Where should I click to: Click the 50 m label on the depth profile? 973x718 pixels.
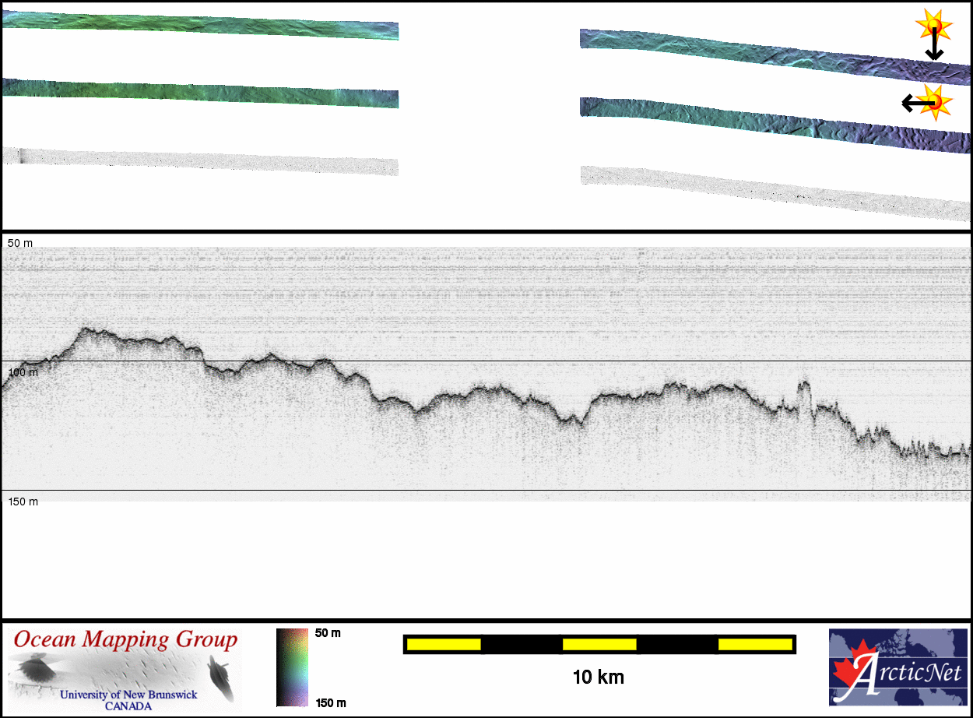pyautogui.click(x=20, y=243)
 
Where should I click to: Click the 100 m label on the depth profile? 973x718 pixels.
pyautogui.click(x=23, y=372)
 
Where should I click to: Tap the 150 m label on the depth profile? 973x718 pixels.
pyautogui.click(x=23, y=502)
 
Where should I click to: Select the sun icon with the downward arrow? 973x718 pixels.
pyautogui.click(x=933, y=25)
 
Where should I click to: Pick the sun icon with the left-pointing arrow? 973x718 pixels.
pyautogui.click(x=935, y=103)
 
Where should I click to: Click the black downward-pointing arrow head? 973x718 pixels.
pyautogui.click(x=934, y=55)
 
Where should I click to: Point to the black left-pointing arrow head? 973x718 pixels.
pyautogui.click(x=908, y=104)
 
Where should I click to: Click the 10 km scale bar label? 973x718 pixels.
pyautogui.click(x=598, y=678)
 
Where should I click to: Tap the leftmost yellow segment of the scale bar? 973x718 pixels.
pyautogui.click(x=444, y=644)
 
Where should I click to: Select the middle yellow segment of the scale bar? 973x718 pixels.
pyautogui.click(x=599, y=644)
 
